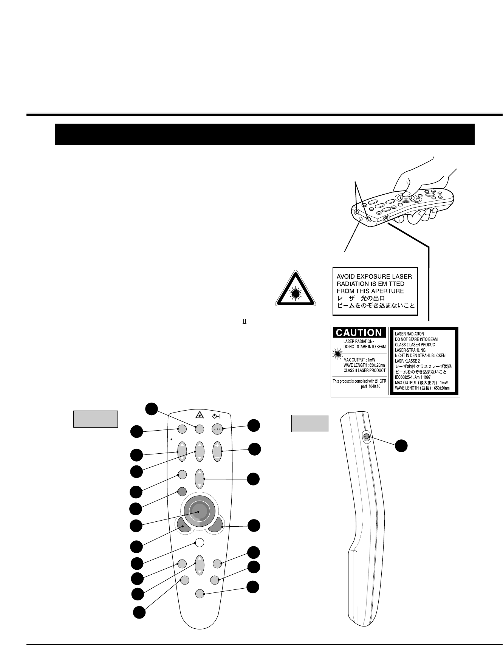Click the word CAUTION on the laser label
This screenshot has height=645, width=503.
[359, 333]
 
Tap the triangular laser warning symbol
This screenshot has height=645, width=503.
[296, 290]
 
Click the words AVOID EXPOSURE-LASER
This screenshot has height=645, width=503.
[374, 276]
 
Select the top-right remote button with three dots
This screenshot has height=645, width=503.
[217, 429]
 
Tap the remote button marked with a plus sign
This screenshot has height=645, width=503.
[217, 451]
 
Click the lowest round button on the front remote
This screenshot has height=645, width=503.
[200, 594]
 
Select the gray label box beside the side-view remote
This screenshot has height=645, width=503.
[310, 423]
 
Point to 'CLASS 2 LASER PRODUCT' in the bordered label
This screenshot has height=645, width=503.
[416, 345]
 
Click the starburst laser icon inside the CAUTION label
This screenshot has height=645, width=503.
[337, 354]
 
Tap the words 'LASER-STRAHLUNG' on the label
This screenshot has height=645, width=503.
[410, 350]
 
